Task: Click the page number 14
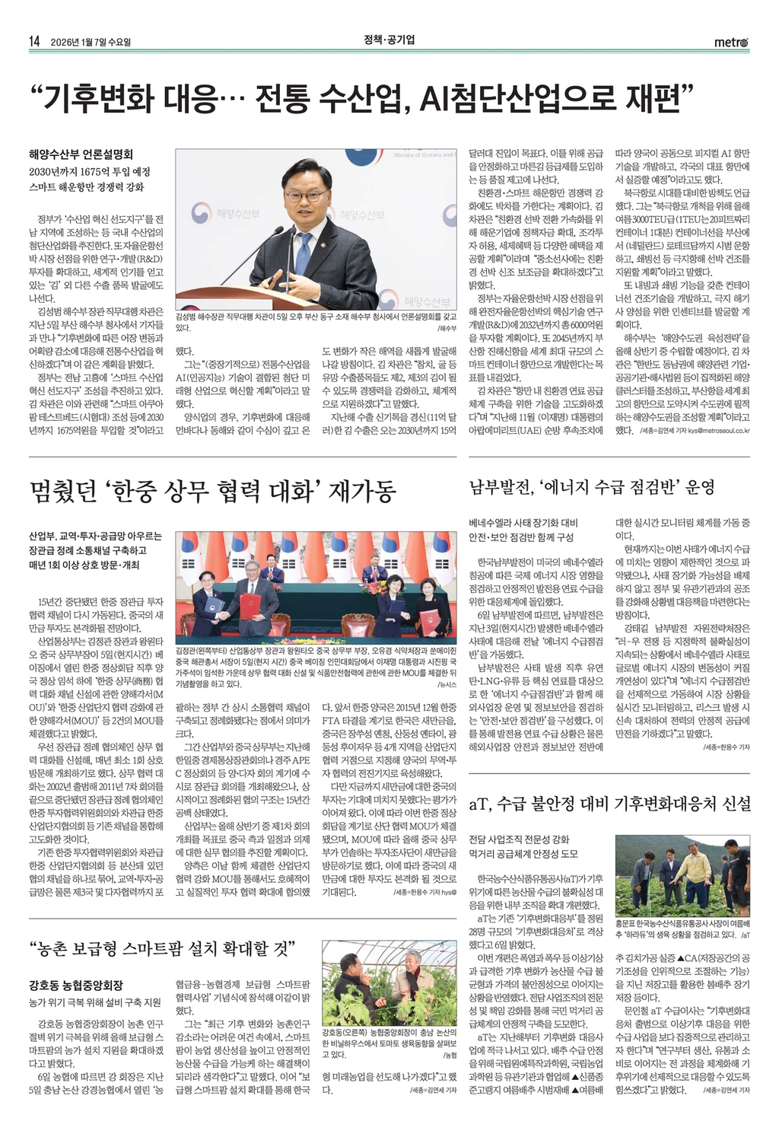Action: [x=33, y=41]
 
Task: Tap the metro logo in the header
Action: [x=731, y=42]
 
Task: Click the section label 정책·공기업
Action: [x=389, y=40]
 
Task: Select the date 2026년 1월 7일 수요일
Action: [x=91, y=42]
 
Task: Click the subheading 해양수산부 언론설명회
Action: [x=81, y=154]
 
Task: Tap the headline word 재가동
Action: [x=362, y=492]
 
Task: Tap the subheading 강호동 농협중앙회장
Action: [x=76, y=985]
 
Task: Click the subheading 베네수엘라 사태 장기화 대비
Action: [x=523, y=523]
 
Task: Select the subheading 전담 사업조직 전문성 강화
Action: [x=519, y=839]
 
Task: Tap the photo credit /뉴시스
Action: [x=446, y=684]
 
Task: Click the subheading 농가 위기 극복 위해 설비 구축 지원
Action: [x=95, y=1002]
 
